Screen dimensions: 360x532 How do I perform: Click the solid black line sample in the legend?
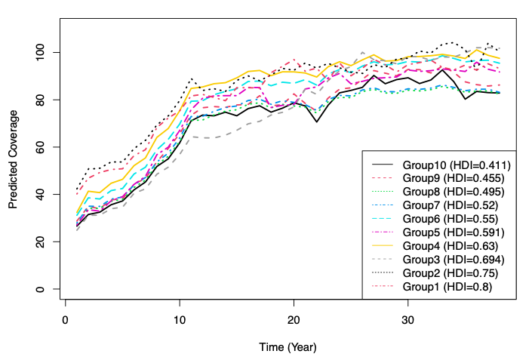click(x=383, y=164)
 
